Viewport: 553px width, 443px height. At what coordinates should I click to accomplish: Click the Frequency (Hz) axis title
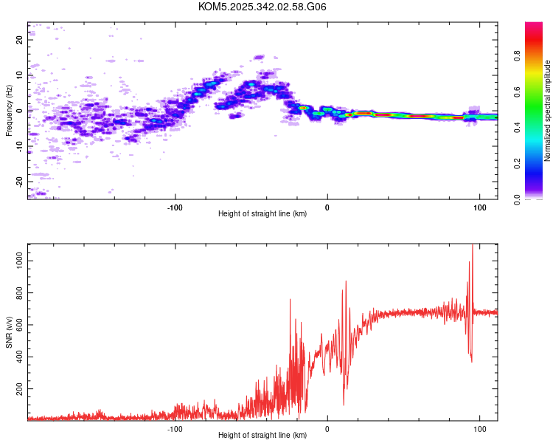tap(9, 111)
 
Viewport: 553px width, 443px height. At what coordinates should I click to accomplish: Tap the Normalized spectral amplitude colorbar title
tap(547, 111)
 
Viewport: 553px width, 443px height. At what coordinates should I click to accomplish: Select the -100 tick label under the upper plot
tap(174, 206)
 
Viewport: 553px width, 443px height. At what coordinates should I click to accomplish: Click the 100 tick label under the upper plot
tap(479, 206)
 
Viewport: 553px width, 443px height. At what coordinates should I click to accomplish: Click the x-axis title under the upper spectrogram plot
tap(262, 214)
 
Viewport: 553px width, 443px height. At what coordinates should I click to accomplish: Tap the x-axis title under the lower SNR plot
tap(262, 436)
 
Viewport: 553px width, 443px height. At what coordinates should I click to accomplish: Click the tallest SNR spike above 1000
tap(472, 248)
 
